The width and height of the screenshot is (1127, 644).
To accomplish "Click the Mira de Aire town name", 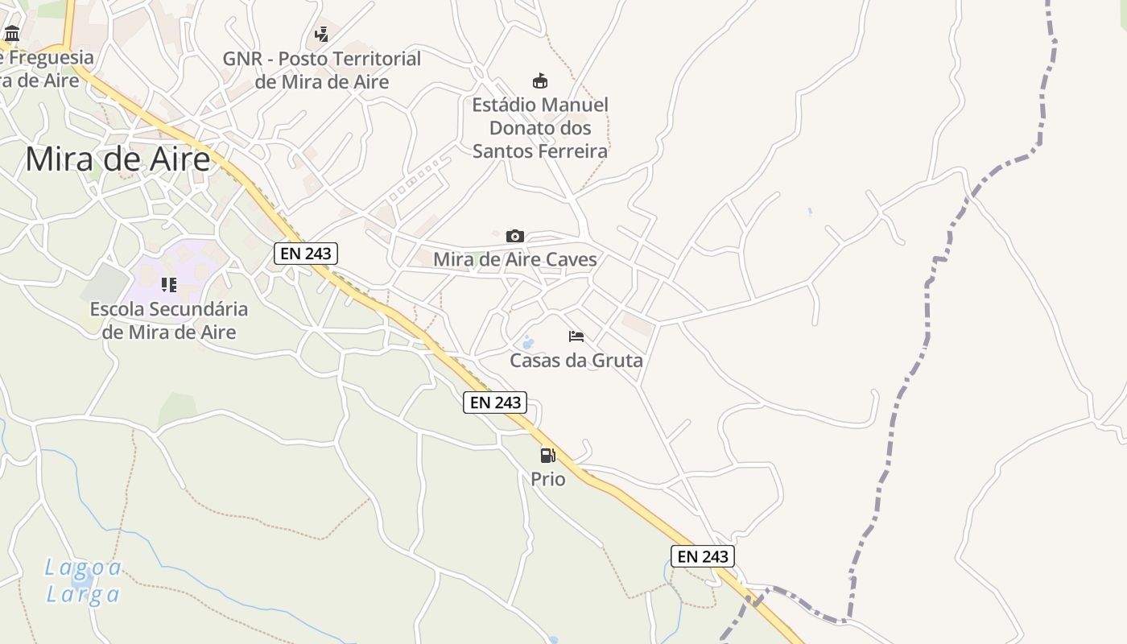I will pos(118,159).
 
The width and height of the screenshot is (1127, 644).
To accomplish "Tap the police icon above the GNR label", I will pos(322,34).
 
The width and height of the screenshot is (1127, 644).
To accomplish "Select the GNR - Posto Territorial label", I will pos(322,70).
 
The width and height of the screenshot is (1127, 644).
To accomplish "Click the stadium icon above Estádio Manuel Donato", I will pos(540,80).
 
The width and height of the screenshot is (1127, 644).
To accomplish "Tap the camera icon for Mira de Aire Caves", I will pos(515,236).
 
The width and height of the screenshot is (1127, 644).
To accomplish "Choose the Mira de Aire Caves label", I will pos(515,259).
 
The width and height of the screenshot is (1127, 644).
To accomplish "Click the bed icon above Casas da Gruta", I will pos(576,336).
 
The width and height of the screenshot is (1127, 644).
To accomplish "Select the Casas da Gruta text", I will pos(576,360).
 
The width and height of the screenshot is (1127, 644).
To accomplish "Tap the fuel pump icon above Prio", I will pos(547,456).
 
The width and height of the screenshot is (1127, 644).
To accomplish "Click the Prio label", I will pos(547,479).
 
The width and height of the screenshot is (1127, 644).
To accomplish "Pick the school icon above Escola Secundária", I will pos(168,284).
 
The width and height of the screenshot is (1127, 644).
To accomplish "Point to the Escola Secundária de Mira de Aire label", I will pos(168,320).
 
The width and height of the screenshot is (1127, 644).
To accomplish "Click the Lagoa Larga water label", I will pos(83,580).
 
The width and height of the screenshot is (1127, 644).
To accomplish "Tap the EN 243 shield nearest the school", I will pos(305,254).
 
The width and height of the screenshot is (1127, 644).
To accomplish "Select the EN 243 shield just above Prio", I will pos(495,402).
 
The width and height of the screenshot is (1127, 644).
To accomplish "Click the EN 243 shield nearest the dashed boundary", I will pos(702,556).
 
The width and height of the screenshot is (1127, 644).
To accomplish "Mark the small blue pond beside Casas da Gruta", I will pos(528,344).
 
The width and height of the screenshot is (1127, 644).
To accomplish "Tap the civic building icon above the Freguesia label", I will pos(12,34).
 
